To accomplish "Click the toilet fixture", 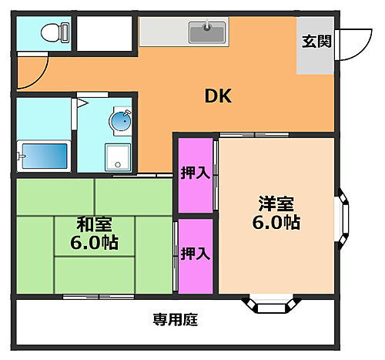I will [x=55, y=33].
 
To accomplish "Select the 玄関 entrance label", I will [x=316, y=42].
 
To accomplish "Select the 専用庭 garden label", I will [x=175, y=319].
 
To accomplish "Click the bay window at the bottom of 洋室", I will [x=270, y=304].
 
